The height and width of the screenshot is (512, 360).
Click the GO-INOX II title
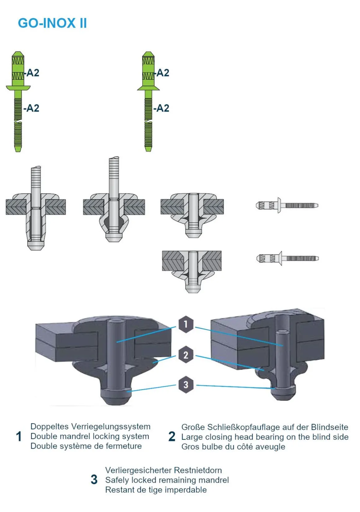52,23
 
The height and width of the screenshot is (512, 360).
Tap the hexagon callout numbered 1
186,324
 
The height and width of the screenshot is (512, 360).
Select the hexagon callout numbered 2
186,355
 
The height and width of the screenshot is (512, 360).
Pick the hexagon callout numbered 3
186,385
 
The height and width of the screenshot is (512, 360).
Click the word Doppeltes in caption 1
50,427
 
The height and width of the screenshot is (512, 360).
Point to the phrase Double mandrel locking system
90,436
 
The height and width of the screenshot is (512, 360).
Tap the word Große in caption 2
193,427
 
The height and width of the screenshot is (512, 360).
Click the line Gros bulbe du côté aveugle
233,447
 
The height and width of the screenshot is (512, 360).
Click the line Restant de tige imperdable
156,490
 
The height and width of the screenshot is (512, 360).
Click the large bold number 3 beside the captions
94,480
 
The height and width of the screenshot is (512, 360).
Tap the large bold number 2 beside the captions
172,437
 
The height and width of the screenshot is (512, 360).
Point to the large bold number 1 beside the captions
19,437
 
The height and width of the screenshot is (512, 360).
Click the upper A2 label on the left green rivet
32,73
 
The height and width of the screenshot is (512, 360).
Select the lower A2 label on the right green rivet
162,108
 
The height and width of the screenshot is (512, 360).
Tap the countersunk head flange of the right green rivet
148,88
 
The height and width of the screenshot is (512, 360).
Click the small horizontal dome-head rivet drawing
287,205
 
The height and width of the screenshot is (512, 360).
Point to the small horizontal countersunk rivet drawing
287,258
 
